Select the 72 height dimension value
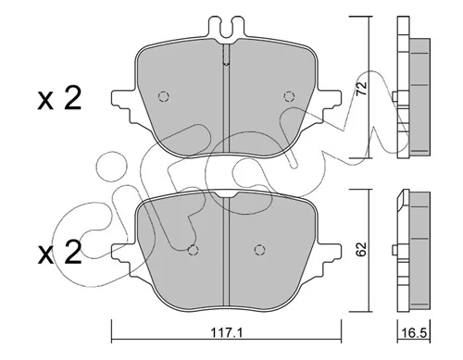click(x=361, y=88)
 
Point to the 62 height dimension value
click(x=361, y=249)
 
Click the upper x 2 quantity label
click(x=59, y=98)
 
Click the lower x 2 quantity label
click(x=59, y=252)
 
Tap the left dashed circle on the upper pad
click(x=163, y=97)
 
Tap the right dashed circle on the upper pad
click(x=289, y=97)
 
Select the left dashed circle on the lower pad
click(x=194, y=250)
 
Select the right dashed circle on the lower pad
click(x=260, y=250)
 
